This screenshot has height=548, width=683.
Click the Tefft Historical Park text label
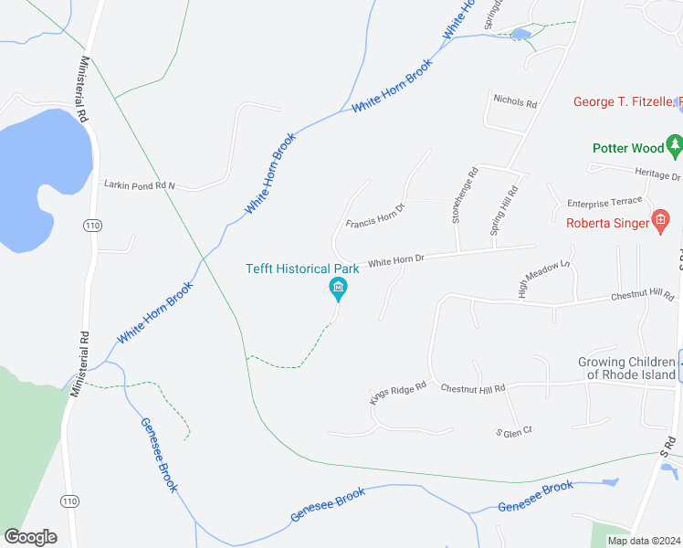pos(302,269)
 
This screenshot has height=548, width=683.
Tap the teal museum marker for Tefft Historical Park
pos(338,290)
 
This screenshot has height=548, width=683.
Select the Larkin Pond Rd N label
pos(140,185)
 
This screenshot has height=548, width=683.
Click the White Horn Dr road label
pos(395,260)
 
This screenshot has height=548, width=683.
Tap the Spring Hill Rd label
pos(505,212)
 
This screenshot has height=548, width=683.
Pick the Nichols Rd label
pos(515,100)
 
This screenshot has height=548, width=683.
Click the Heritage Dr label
pos(657,173)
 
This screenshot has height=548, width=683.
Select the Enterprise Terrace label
pos(604,202)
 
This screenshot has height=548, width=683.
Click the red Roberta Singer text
pos(605,222)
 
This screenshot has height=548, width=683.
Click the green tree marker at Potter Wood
pos(674,144)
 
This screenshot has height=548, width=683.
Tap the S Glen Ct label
pos(513,430)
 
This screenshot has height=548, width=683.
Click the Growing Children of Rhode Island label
pos(626,368)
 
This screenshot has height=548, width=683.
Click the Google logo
pos(30,537)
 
